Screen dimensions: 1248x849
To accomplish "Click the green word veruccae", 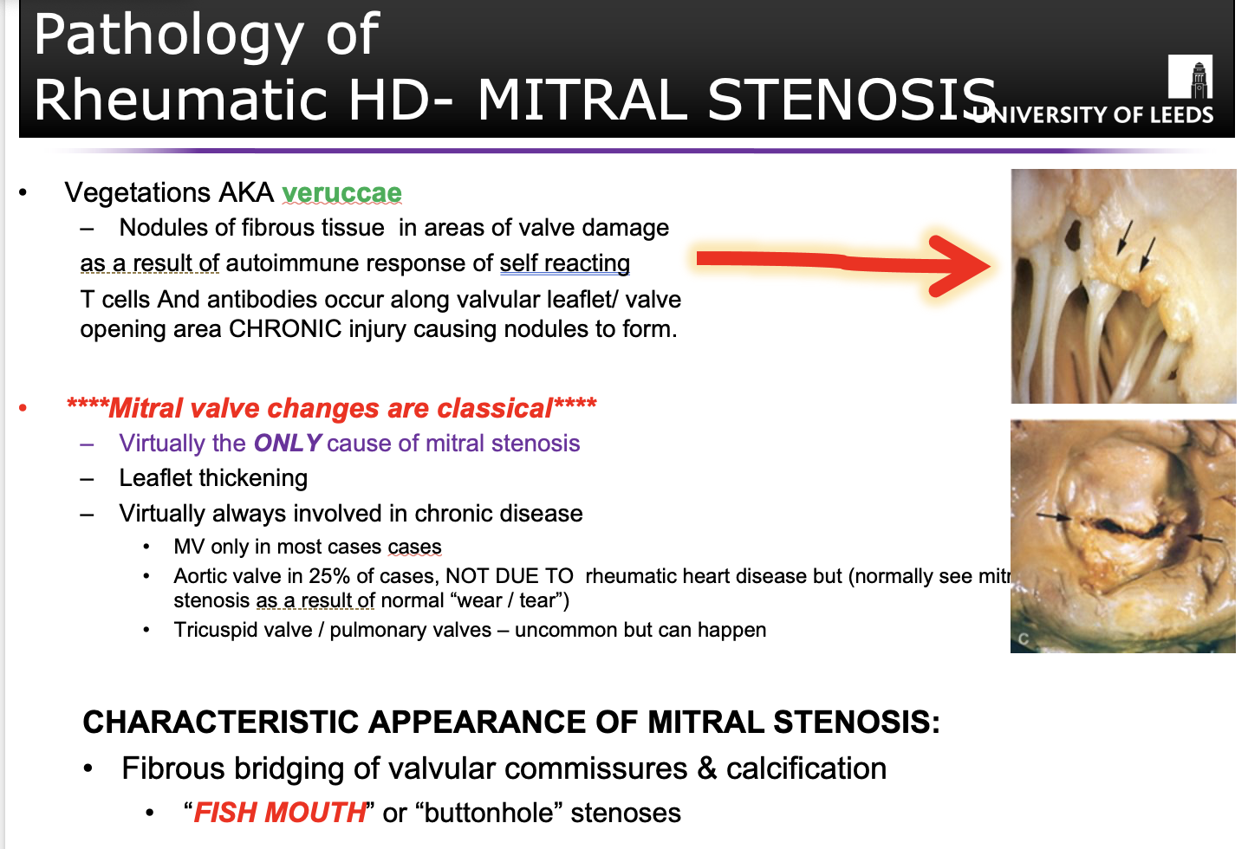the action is pos(341,192).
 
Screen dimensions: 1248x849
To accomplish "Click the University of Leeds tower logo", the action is pos(1190,76).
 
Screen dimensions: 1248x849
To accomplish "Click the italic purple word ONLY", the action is pos(287,444).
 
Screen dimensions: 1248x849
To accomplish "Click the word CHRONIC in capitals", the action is pos(284,328).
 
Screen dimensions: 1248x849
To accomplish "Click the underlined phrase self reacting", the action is pos(565,263).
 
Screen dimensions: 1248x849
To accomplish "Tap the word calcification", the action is pos(806,768).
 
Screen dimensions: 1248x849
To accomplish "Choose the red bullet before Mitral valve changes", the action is pos(23,408).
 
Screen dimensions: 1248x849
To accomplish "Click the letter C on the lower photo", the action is pos(1024,638).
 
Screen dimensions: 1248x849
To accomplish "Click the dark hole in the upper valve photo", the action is pos(1073,234).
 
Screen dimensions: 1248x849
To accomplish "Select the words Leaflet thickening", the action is pos(213,478).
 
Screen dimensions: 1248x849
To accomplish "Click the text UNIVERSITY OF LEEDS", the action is pos(1092,114).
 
